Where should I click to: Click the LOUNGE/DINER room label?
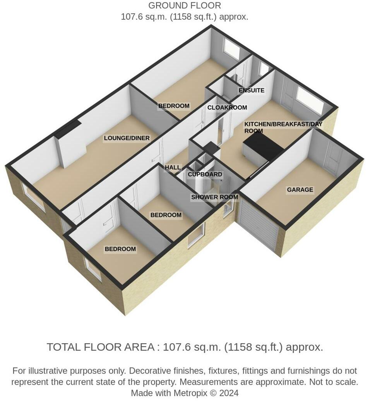click(127, 138)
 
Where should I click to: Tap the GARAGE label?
click(300, 190)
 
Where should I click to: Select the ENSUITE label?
click(251, 90)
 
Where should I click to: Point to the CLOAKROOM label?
click(227, 107)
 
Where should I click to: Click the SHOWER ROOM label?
click(215, 197)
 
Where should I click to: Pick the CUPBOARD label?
click(205, 174)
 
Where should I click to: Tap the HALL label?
click(173, 167)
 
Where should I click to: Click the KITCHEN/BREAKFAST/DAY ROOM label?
click(283, 127)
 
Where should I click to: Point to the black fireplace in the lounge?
click(68, 130)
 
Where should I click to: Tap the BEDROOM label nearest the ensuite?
click(174, 106)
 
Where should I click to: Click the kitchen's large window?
click(310, 100)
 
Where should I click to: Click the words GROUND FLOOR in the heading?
click(185, 5)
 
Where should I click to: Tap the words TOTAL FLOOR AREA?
click(101, 347)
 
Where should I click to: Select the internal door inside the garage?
click(334, 158)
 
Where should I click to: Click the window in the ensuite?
click(263, 69)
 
